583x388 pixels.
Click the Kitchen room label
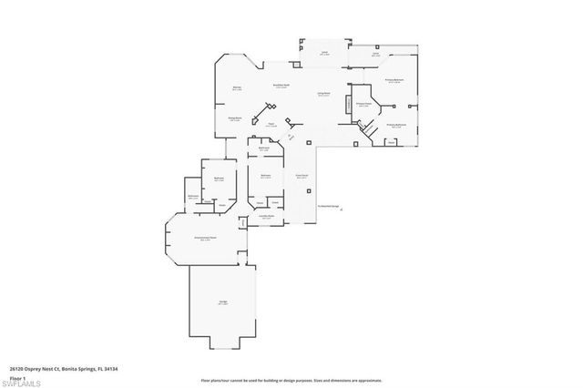[x=237, y=87]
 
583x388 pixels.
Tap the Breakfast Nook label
[x=281, y=86]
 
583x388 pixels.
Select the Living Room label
[x=322, y=94]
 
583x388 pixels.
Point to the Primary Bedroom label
[x=394, y=80]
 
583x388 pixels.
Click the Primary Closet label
[x=363, y=104]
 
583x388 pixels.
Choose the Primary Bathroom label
[x=395, y=125]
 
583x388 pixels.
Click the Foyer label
[x=271, y=124]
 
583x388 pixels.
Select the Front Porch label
[x=302, y=176]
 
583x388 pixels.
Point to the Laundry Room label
[x=266, y=216]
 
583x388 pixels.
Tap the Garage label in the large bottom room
[x=222, y=303]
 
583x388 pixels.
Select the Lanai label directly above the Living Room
[x=324, y=53]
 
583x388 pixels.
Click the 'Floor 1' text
[x=17, y=376]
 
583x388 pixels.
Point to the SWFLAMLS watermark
[x=22, y=382]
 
